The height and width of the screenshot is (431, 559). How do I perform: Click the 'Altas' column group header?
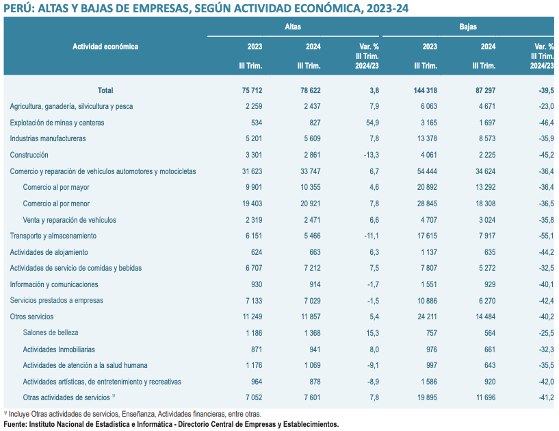click(x=293, y=27)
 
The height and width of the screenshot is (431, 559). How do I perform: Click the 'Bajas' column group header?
click(x=468, y=27)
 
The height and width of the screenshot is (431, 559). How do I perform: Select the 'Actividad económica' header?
click(x=105, y=47)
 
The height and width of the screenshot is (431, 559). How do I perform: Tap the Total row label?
click(x=105, y=90)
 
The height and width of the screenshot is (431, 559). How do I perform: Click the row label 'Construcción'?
click(x=29, y=155)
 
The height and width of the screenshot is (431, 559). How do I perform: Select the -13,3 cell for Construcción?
click(x=369, y=155)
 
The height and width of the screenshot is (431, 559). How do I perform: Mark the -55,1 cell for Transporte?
click(x=545, y=236)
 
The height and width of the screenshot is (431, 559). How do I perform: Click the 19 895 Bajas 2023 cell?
click(x=424, y=397)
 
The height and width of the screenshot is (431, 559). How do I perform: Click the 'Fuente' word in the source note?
click(x=15, y=425)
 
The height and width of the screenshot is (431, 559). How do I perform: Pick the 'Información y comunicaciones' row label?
click(x=54, y=284)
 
